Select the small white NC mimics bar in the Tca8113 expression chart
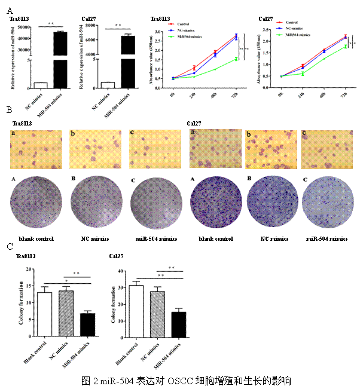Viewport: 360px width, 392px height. coord(41,85)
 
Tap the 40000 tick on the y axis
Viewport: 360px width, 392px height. coord(25,38)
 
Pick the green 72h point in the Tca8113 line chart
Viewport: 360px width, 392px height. coord(237,59)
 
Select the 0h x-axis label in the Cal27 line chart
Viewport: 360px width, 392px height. coord(281,94)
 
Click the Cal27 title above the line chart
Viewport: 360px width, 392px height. coord(266,19)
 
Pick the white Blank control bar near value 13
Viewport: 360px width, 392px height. coord(44,314)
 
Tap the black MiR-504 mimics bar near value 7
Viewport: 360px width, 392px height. coord(87,324)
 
